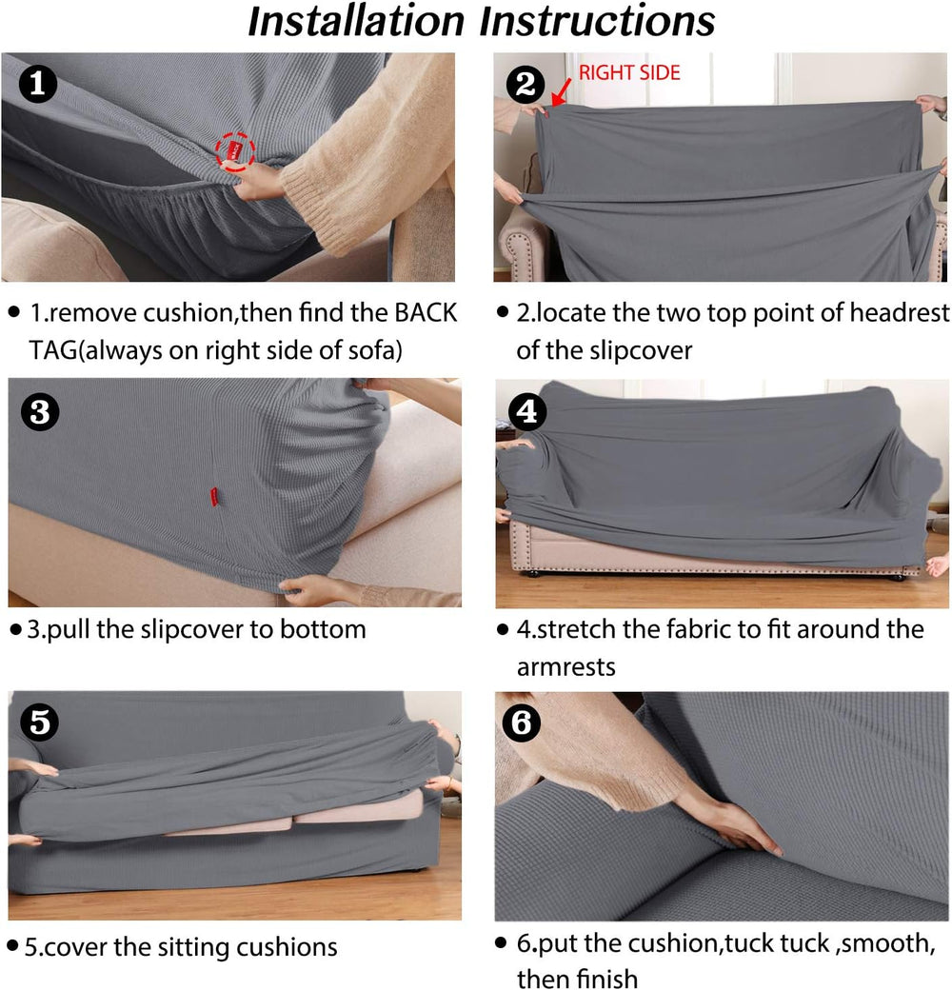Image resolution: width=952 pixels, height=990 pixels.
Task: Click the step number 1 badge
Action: [38, 84]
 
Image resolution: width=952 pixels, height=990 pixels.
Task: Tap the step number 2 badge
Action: [526, 84]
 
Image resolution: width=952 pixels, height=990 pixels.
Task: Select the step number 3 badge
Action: [40, 412]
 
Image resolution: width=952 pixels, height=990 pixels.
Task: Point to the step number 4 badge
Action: [527, 411]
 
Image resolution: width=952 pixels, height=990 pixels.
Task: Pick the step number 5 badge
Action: [40, 722]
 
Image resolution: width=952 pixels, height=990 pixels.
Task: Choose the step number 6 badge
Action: [522, 723]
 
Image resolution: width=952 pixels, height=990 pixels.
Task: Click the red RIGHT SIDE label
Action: [629, 72]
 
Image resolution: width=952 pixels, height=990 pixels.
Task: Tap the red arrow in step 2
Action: [561, 92]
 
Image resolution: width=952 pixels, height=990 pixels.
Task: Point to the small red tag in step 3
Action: [214, 496]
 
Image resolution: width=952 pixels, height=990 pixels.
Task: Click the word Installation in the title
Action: [356, 21]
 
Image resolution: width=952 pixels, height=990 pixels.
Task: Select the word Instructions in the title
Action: [597, 21]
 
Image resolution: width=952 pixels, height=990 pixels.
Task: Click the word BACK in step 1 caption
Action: [426, 312]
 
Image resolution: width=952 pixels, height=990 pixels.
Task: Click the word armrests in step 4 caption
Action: [565, 666]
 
